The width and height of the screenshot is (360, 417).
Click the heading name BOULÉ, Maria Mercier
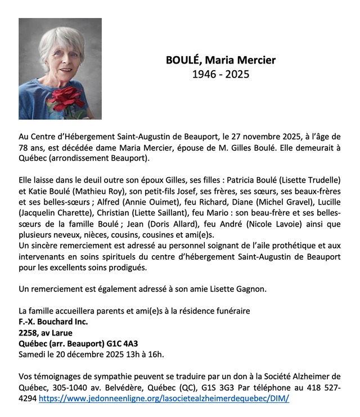[220, 60]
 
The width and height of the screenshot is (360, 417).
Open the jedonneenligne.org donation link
[164, 398]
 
